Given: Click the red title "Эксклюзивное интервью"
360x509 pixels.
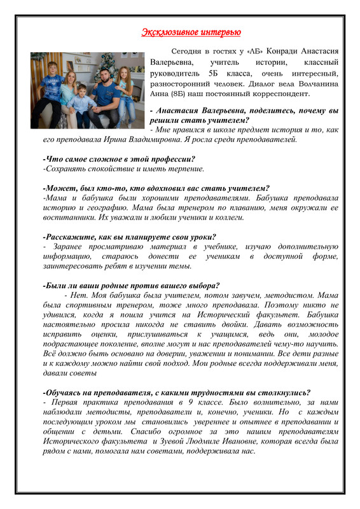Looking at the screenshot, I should coord(191,31).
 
